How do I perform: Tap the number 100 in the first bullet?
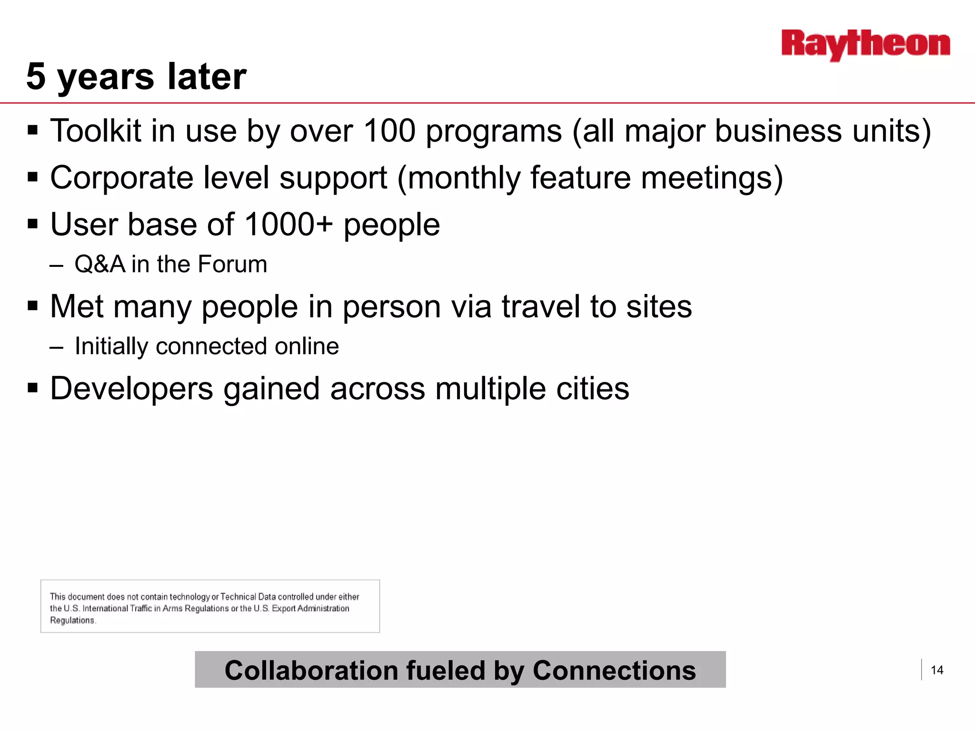coord(389,131)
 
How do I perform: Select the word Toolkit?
coord(96,131)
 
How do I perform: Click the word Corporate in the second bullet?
coord(121,178)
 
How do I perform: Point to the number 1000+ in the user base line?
coord(289,224)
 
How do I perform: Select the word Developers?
coord(131,389)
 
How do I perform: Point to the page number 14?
coord(937,671)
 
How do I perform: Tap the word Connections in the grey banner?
coord(614,671)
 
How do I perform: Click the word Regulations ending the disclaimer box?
coord(72,620)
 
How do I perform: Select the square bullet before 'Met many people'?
coord(32,305)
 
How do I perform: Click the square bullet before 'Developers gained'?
coord(32,387)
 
